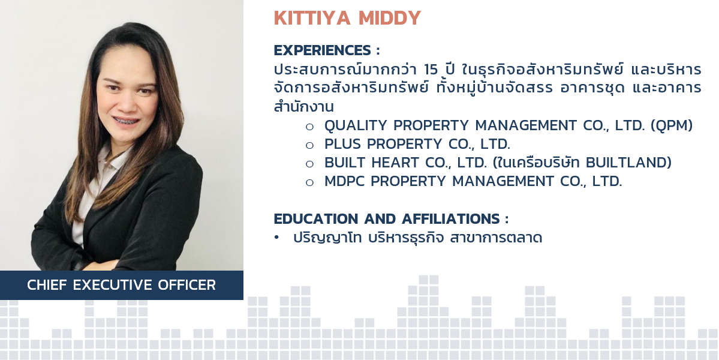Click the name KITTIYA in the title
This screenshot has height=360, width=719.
click(x=312, y=18)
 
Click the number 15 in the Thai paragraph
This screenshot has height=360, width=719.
click(x=431, y=70)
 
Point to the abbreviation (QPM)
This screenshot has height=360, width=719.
click(x=672, y=125)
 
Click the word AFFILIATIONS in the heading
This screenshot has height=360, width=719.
click(x=451, y=219)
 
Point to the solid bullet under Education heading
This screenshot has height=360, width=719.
click(x=276, y=238)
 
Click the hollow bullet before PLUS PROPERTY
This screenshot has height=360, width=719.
click(x=309, y=145)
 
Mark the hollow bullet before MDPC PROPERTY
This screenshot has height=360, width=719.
click(x=309, y=182)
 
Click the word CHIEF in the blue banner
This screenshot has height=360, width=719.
click(x=47, y=285)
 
